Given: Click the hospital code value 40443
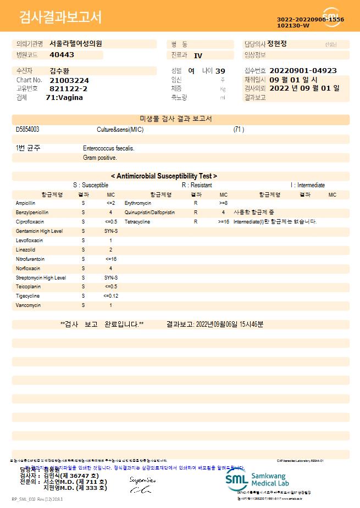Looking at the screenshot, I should click(62, 55).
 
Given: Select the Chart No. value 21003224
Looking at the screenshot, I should click(69, 80).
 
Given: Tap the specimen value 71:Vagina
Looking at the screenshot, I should click(64, 97).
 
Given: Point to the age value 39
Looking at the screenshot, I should click(220, 71).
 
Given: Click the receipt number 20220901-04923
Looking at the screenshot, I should click(303, 71).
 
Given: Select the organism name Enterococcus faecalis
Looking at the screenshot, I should click(109, 148).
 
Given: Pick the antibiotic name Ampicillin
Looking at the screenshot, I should click(25, 203).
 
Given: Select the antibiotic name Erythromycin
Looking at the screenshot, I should click(138, 203).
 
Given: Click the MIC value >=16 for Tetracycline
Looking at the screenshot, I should click(223, 222).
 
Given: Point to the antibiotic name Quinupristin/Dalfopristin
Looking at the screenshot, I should click(149, 213).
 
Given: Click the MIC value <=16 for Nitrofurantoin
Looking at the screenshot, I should click(110, 259).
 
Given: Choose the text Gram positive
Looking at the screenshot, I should click(100, 158).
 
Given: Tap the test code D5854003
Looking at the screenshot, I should click(27, 130).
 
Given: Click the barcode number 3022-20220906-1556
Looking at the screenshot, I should click(311, 19).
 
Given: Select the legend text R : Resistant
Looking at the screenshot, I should click(197, 185).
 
